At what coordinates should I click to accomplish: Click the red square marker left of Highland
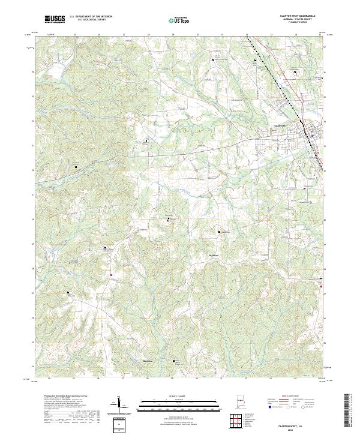click(x=111, y=275)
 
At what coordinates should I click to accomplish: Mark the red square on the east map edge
click(x=323, y=285)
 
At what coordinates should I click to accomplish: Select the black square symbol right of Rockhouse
click(x=175, y=361)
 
